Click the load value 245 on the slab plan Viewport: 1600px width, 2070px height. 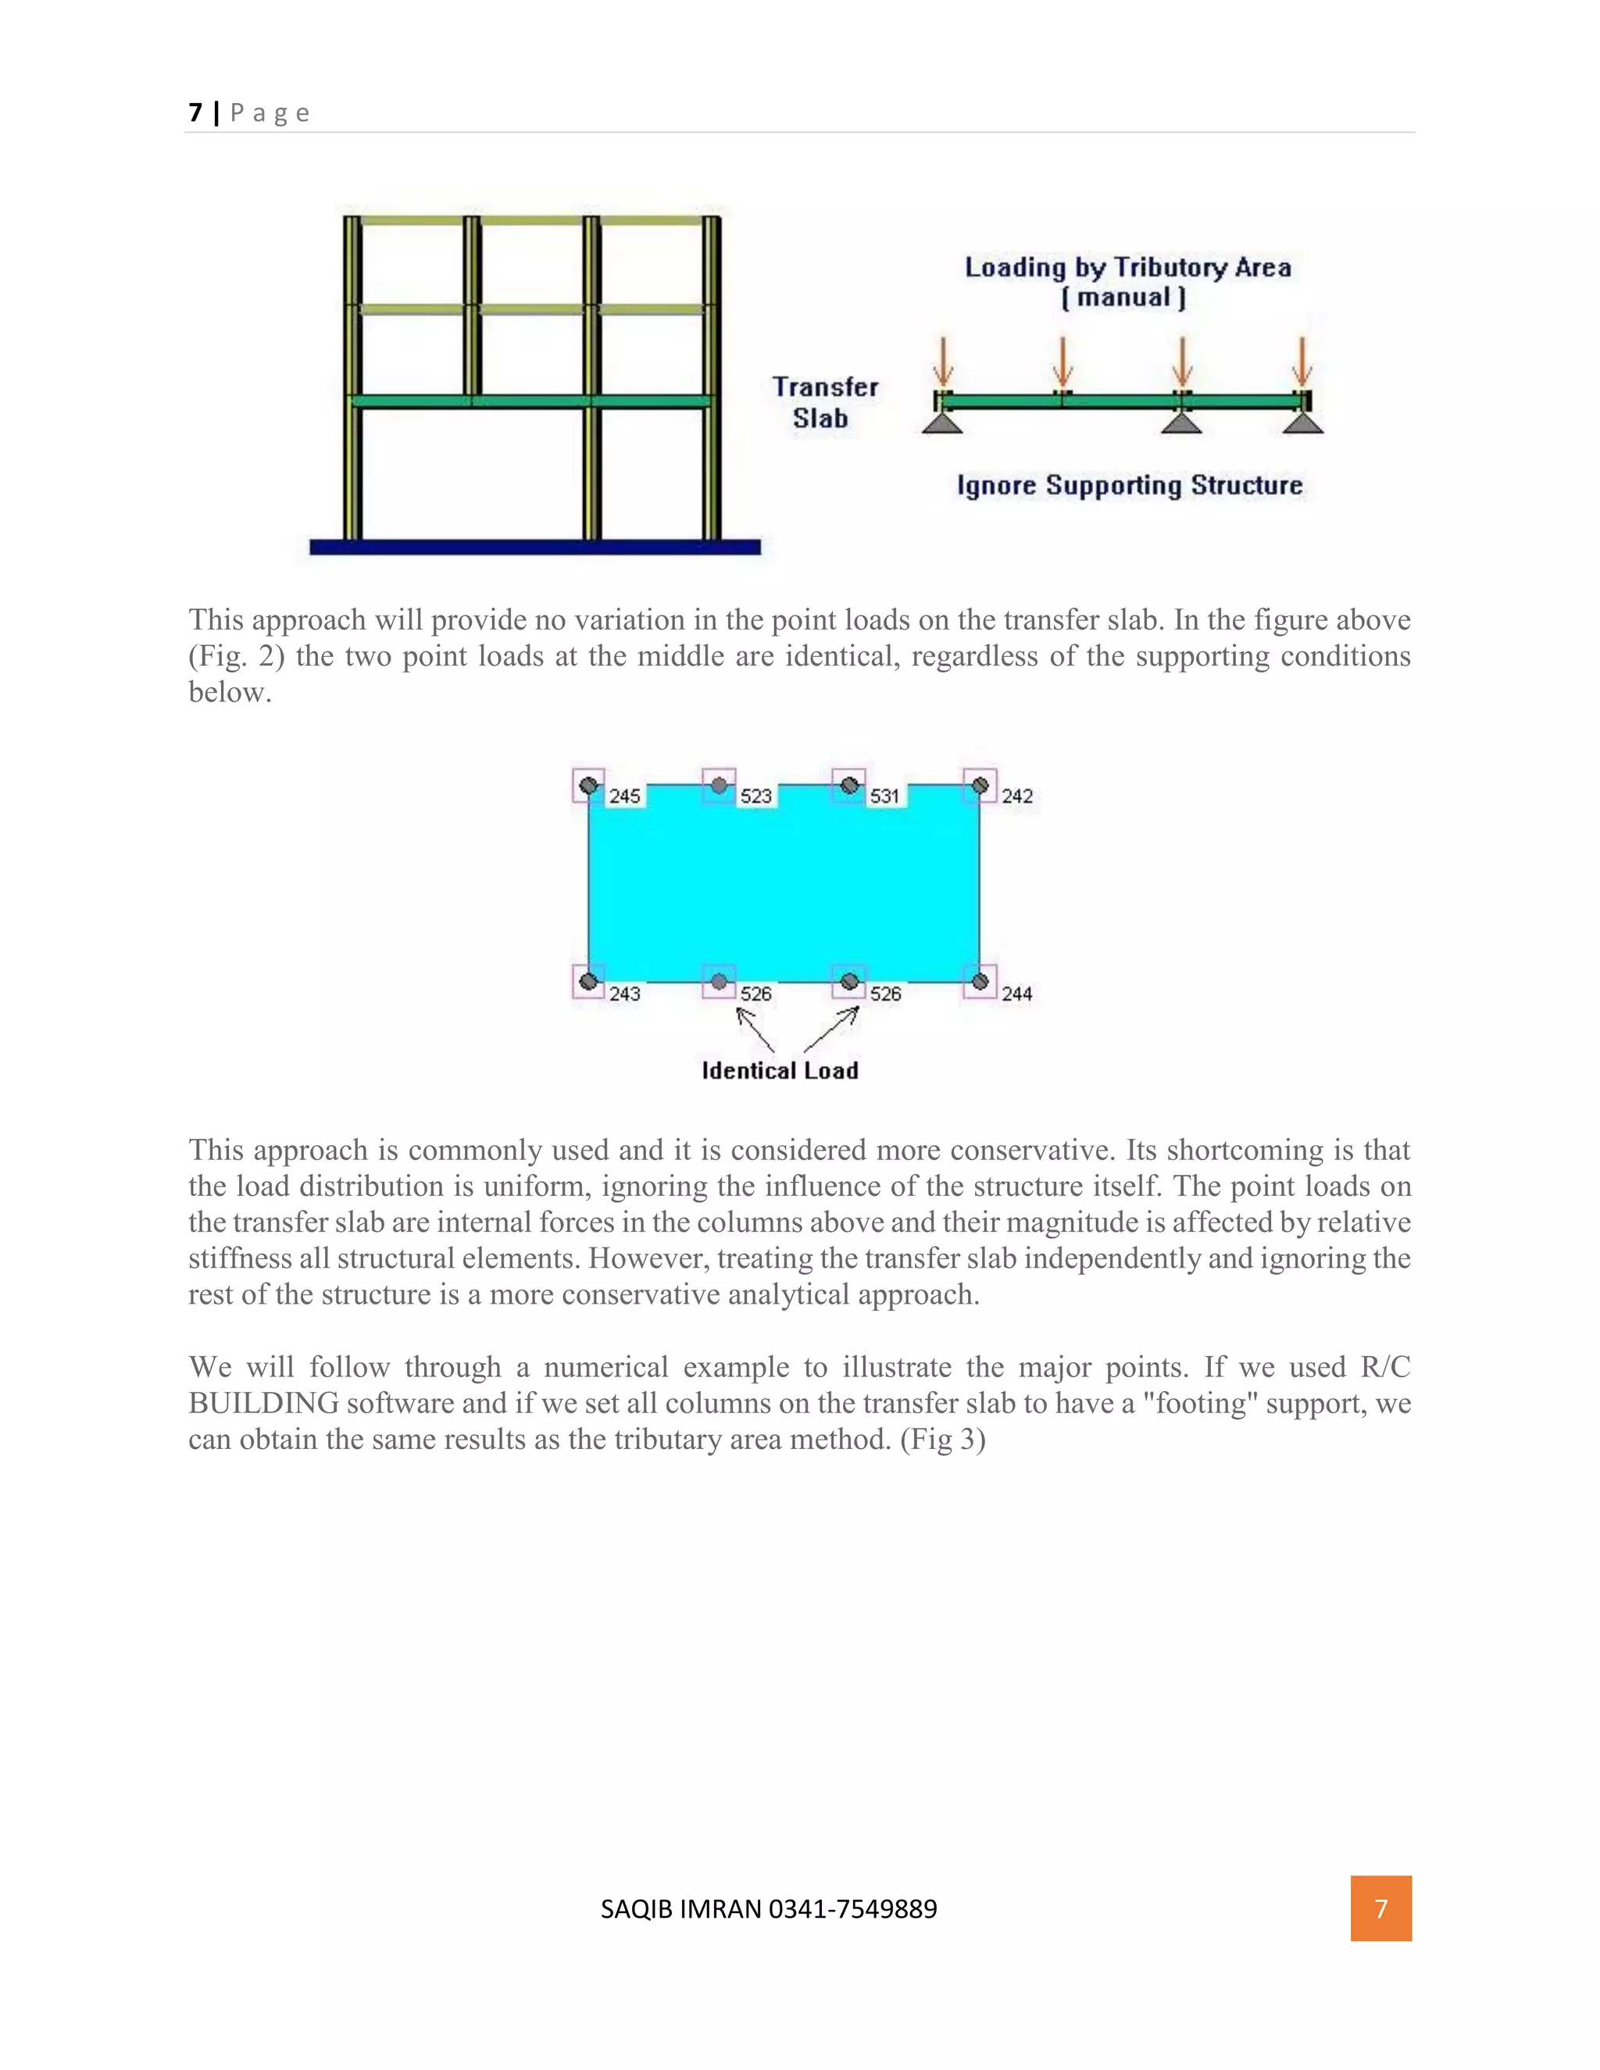pyautogui.click(x=625, y=796)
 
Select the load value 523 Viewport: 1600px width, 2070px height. pyautogui.click(x=755, y=796)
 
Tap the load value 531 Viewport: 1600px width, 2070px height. pyautogui.click(x=884, y=796)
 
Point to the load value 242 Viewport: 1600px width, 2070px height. pyautogui.click(x=1016, y=796)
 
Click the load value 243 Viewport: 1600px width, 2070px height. pyautogui.click(x=625, y=994)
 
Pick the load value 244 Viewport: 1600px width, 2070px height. pyautogui.click(x=1016, y=994)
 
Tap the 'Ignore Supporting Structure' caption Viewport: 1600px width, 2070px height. pyautogui.click(x=1129, y=485)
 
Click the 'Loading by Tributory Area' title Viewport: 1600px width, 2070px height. pyautogui.click(x=1127, y=268)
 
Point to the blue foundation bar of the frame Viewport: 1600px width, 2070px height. pyautogui.click(x=534, y=547)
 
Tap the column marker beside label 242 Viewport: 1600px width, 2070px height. pyautogui.click(x=980, y=786)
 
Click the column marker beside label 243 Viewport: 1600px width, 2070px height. pyautogui.click(x=588, y=981)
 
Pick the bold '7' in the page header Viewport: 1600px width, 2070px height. pyautogui.click(x=195, y=112)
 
